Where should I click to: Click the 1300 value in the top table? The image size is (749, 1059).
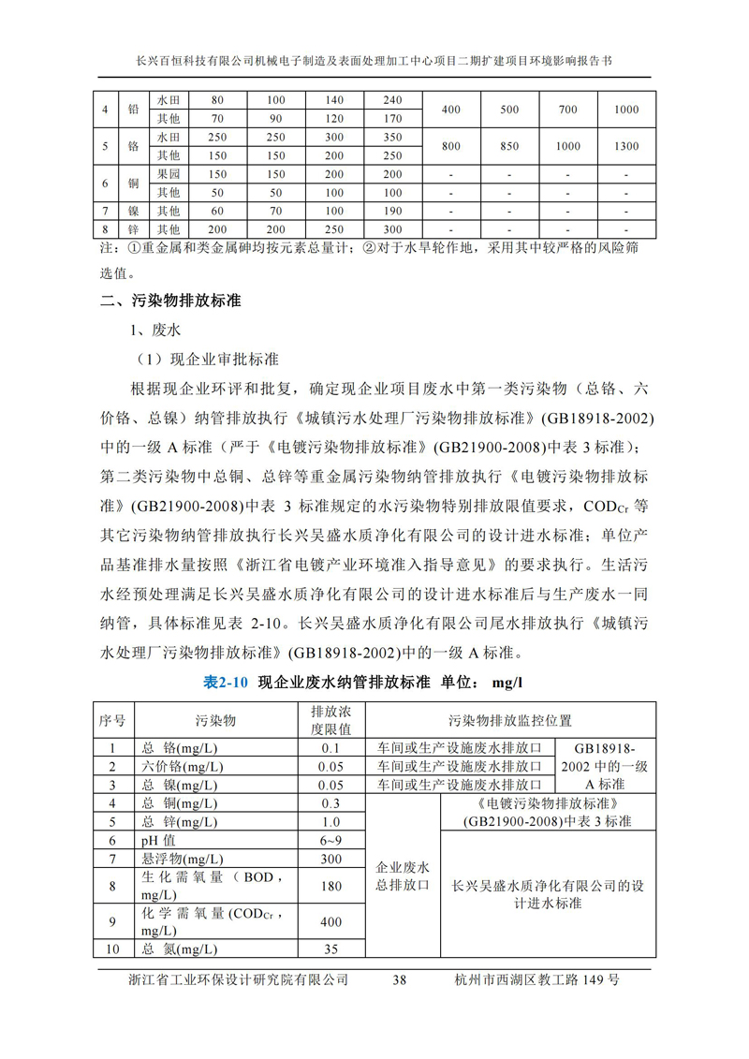[626, 146]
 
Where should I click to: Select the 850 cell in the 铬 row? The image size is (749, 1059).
[509, 146]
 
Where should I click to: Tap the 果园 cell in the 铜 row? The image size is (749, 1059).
[169, 174]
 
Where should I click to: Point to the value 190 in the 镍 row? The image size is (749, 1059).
[392, 211]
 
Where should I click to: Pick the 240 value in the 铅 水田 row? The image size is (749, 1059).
[392, 100]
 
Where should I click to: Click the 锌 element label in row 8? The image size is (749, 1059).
[134, 229]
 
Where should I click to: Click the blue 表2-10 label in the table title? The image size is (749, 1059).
[226, 683]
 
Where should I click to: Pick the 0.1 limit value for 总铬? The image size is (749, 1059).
[330, 748]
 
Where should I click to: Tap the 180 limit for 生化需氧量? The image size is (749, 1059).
[330, 886]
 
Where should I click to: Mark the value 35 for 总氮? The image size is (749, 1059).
[330, 949]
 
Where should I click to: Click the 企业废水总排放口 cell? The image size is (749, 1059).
[403, 875]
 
